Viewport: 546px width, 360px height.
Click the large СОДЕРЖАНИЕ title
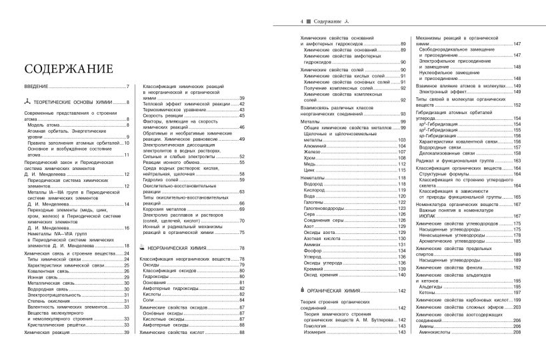[x=69, y=69]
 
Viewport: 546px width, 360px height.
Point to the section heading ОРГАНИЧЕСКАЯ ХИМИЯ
[x=337, y=291]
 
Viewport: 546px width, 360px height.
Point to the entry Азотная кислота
[x=323, y=239]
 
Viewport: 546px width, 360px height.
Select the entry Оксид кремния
[x=321, y=274]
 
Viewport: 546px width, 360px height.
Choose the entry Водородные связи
[x=443, y=147]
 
